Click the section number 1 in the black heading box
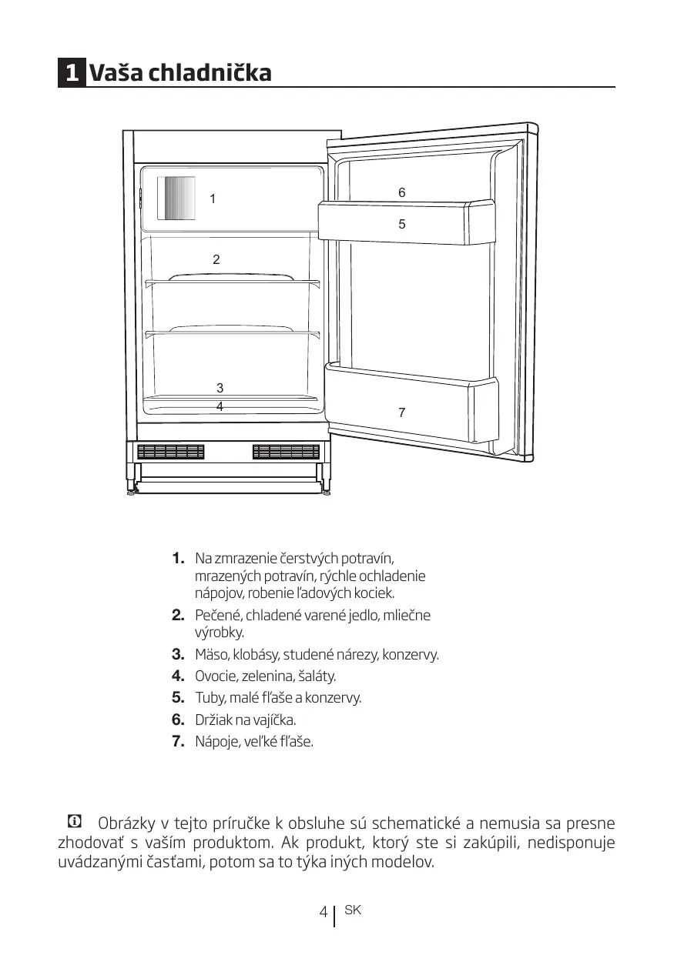(72, 74)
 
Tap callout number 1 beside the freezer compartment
(213, 199)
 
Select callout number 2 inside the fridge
(216, 259)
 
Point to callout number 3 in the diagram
(220, 388)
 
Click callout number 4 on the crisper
(220, 405)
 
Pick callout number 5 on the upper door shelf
(401, 224)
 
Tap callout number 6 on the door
(401, 192)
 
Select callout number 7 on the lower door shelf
(401, 412)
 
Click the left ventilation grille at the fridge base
(171, 452)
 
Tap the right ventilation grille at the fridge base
(286, 452)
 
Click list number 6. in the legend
(178, 720)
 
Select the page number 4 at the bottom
(324, 913)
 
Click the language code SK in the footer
(353, 910)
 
